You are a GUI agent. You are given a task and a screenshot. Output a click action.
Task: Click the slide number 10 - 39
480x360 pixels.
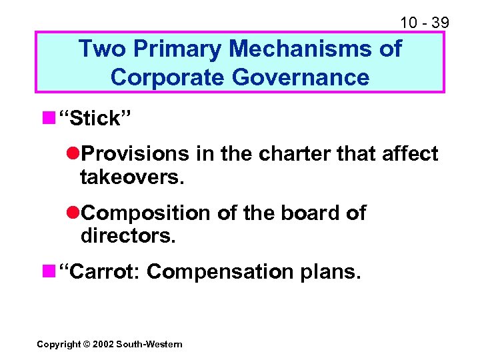[424, 23]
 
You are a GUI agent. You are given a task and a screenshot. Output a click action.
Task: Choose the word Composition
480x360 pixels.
[145, 213]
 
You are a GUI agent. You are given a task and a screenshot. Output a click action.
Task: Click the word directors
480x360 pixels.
[127, 235]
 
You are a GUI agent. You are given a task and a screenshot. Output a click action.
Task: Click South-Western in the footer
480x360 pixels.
[149, 344]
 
